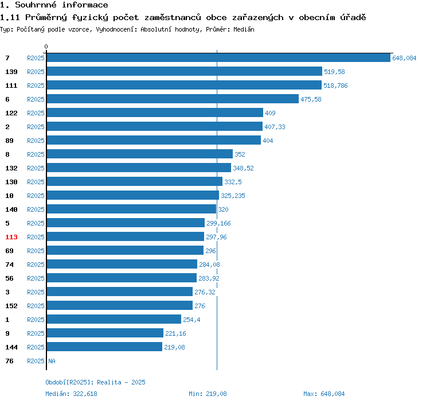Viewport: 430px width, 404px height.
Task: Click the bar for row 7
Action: click(x=218, y=58)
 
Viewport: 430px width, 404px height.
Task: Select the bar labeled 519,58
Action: click(x=184, y=72)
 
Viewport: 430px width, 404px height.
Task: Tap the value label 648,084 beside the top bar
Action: click(x=404, y=58)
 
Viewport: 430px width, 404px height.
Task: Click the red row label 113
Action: click(x=11, y=237)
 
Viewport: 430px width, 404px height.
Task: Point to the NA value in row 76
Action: click(x=52, y=361)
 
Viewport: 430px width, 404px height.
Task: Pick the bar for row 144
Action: click(x=104, y=347)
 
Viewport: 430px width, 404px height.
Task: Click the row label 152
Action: click(x=11, y=306)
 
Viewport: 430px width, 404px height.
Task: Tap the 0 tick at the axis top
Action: click(x=46, y=47)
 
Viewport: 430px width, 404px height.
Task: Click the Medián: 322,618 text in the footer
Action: click(x=72, y=394)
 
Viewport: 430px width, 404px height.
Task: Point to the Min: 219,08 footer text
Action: click(x=208, y=394)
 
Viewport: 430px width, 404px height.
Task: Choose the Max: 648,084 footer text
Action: click(x=324, y=394)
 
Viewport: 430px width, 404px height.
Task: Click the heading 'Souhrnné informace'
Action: click(x=61, y=5)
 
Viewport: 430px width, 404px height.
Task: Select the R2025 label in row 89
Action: click(x=36, y=141)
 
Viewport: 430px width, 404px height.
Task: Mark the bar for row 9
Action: click(x=105, y=333)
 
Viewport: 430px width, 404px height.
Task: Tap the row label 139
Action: click(x=11, y=72)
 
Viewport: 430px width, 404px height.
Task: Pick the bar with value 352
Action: click(x=139, y=154)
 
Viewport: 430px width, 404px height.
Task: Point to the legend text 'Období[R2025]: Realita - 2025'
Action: click(x=96, y=382)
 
